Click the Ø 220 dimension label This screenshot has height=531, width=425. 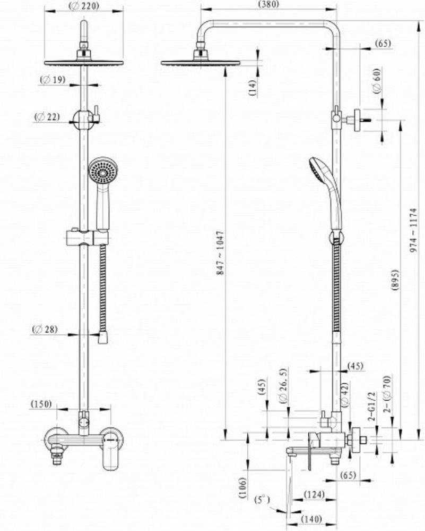pyautogui.click(x=83, y=6)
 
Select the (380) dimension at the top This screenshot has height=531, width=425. pyautogui.click(x=268, y=4)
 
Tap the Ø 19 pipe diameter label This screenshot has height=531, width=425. pyautogui.click(x=53, y=80)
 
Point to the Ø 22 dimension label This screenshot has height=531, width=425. pyautogui.click(x=47, y=117)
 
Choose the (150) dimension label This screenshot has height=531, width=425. pyautogui.click(x=41, y=404)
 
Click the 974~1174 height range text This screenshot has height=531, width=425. pyautogui.click(x=413, y=230)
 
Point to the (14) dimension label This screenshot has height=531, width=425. pyautogui.click(x=253, y=87)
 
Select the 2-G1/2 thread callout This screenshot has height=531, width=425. pyautogui.click(x=371, y=407)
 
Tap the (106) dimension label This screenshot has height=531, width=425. pyautogui.click(x=242, y=487)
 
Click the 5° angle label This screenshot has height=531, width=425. pyautogui.click(x=263, y=500)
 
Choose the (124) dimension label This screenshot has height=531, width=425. pyautogui.click(x=314, y=494)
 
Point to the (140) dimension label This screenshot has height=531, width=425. pyautogui.click(x=311, y=519)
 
